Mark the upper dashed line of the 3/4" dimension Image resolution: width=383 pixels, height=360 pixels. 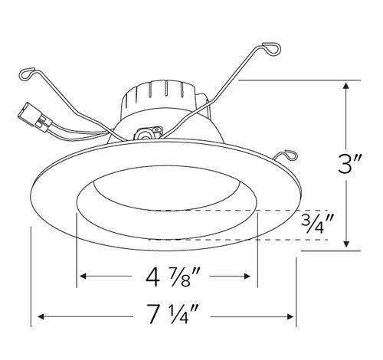pos(245,210)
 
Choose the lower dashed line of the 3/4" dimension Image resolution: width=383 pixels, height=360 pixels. pos(245,241)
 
